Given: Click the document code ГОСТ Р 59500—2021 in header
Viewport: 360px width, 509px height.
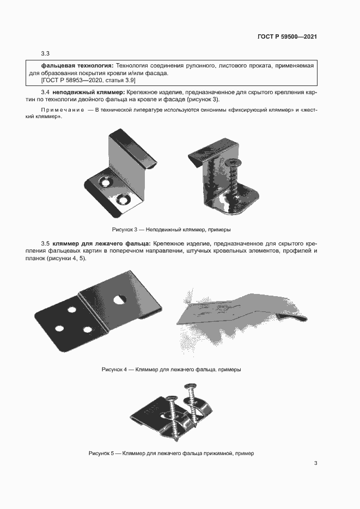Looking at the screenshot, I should [287, 37].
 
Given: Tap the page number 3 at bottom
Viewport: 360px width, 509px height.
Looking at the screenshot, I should [315, 463].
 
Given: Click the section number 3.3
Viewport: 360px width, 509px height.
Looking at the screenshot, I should [45, 53].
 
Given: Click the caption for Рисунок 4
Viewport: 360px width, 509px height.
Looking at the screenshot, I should [171, 369].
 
